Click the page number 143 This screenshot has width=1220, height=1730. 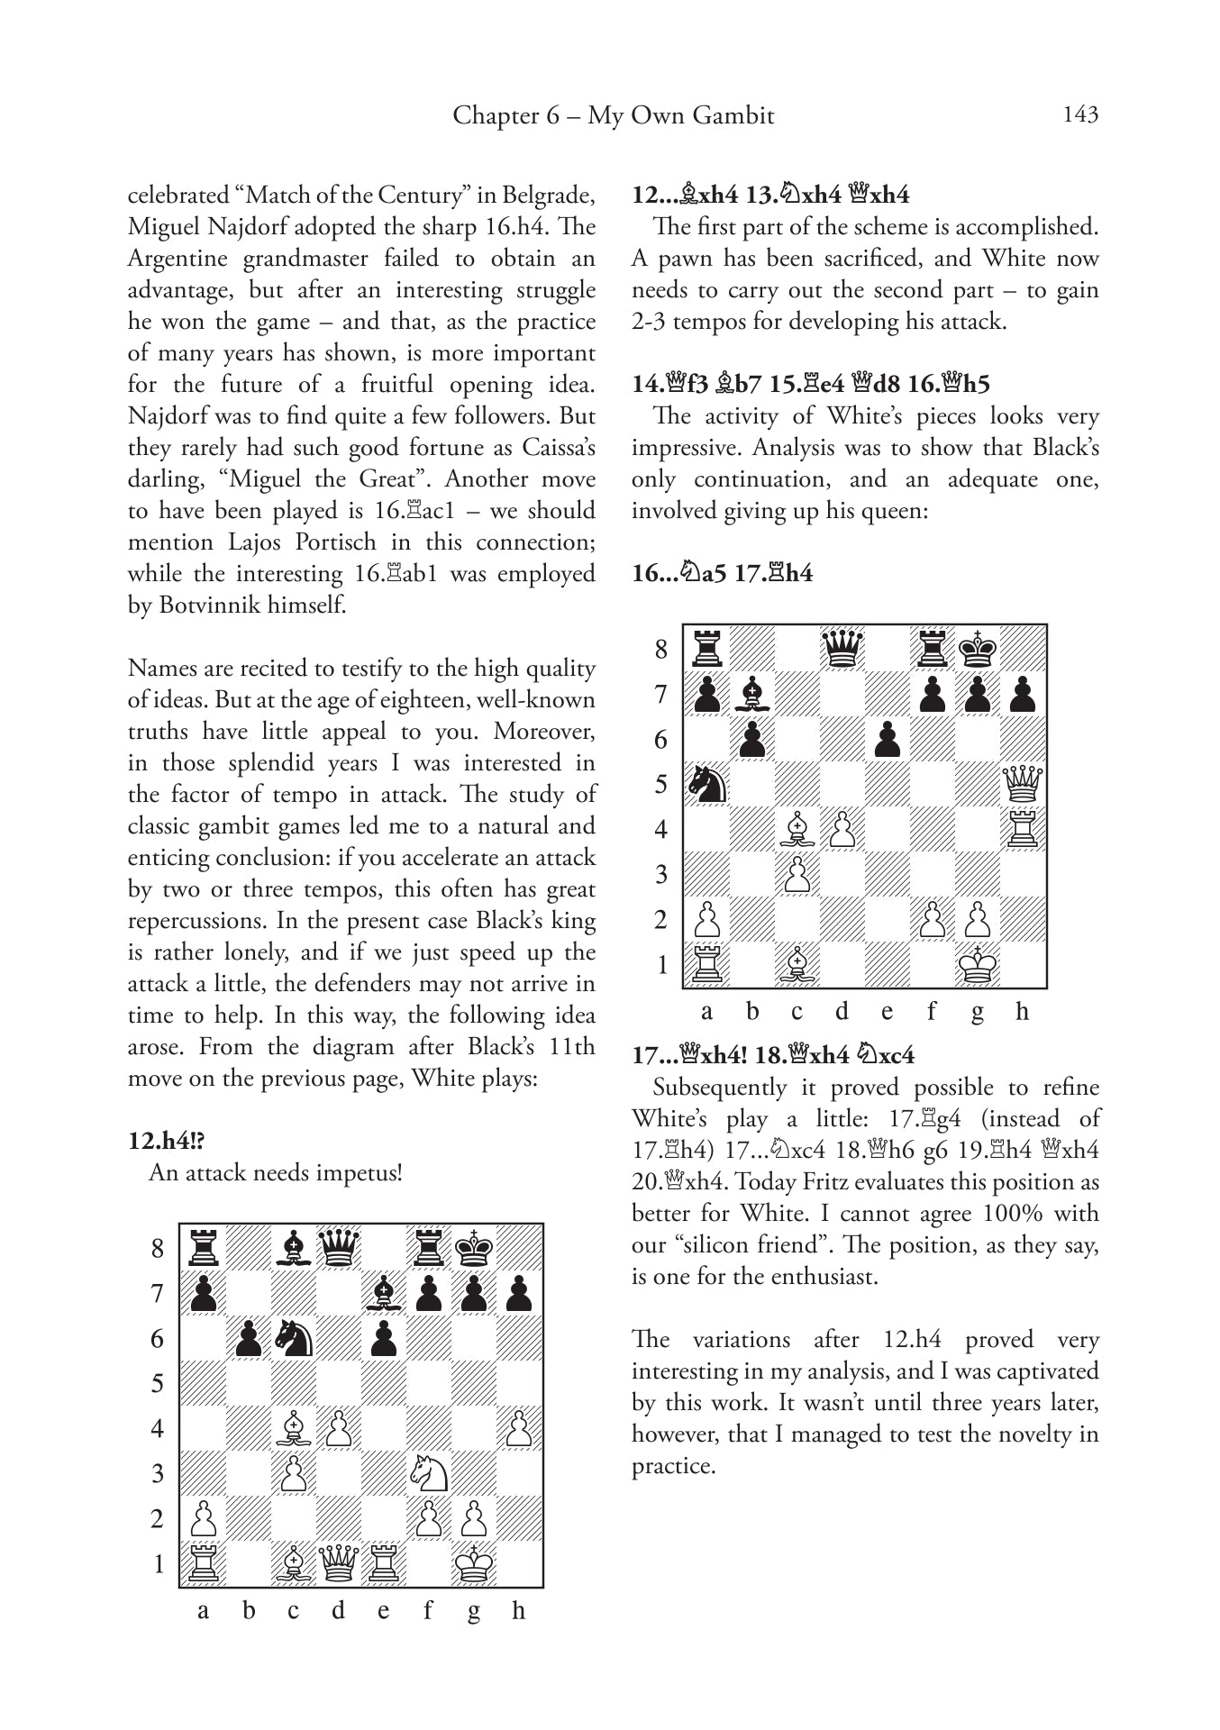point(1080,114)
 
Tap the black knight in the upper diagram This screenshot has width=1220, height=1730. point(706,784)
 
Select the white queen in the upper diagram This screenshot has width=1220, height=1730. point(1022,784)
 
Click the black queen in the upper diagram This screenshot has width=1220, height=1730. point(842,648)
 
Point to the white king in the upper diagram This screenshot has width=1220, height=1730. point(977,965)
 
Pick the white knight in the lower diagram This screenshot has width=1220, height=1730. point(429,1473)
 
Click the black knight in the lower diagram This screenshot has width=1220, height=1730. point(294,1338)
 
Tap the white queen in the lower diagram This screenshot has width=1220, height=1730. point(339,1563)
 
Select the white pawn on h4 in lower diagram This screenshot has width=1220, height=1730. point(519,1428)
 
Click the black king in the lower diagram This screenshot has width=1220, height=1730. point(474,1248)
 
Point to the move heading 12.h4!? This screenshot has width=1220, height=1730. point(167,1140)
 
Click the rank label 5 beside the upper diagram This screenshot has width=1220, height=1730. point(661,785)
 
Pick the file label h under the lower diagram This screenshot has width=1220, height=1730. point(518,1611)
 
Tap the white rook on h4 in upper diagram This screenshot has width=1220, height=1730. point(1022,829)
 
